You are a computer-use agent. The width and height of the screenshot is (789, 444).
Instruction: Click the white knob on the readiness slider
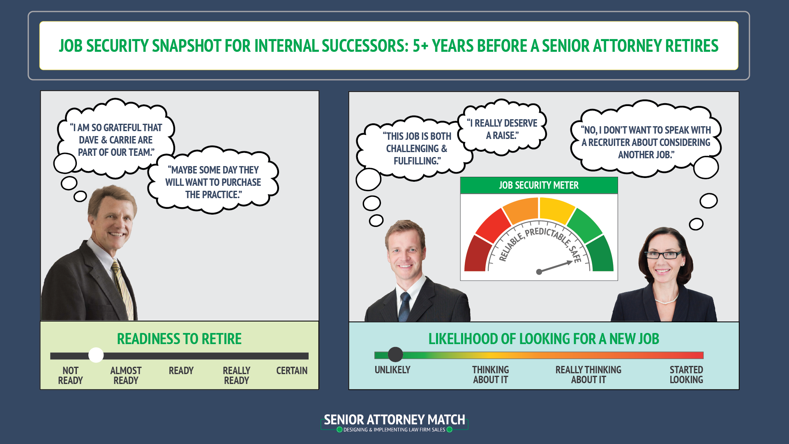(96, 355)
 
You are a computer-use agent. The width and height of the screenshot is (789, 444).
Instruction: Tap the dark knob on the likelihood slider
(395, 354)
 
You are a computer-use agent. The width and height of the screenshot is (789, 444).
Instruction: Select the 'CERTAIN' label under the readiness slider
(292, 371)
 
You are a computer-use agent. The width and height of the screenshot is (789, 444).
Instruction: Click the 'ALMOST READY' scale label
(126, 375)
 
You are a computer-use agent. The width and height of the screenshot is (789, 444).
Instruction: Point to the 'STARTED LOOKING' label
(686, 375)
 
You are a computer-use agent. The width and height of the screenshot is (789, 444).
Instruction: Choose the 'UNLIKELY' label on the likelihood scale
(392, 370)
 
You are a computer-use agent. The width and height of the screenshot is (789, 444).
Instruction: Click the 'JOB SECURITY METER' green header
(539, 185)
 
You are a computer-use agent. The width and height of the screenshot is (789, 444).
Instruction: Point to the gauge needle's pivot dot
(539, 272)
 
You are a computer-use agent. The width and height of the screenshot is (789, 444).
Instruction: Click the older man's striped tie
(122, 288)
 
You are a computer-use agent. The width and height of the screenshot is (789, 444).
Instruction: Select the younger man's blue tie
(405, 306)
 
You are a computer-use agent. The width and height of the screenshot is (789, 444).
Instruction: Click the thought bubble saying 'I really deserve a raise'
(502, 129)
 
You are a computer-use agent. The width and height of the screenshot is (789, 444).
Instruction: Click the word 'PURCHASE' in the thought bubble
(241, 183)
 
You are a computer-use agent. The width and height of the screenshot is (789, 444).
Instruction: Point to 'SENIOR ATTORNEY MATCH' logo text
(394, 420)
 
